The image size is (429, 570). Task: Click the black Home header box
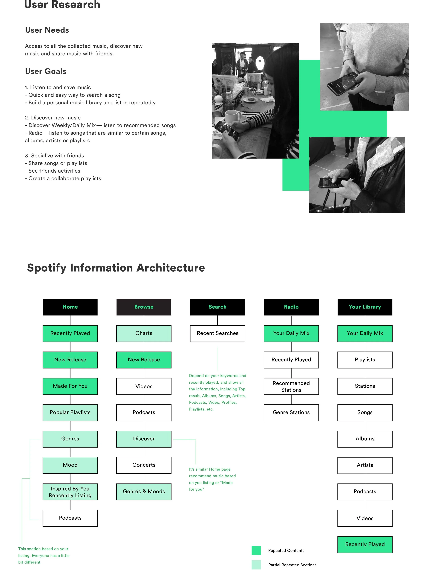point(70,307)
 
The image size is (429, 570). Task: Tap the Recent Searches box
point(217,333)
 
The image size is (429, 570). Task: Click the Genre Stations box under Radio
point(291,413)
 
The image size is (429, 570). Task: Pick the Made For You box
point(70,386)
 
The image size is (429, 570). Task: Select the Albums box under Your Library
point(365,439)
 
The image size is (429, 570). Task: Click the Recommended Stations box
point(291,386)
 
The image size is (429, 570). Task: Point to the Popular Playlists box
point(70,413)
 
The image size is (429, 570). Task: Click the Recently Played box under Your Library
point(365,544)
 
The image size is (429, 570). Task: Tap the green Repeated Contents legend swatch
point(256,550)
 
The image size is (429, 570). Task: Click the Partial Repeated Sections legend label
point(292,565)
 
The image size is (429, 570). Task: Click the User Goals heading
point(46,71)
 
